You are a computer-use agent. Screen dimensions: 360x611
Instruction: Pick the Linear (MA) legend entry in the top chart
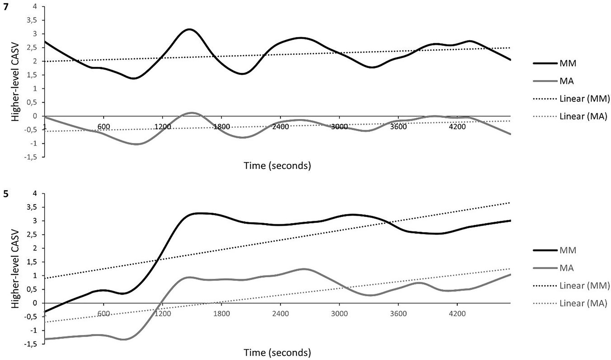(583, 117)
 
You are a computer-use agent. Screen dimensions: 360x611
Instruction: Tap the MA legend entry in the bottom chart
(566, 268)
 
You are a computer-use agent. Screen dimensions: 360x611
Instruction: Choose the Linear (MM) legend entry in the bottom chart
(583, 285)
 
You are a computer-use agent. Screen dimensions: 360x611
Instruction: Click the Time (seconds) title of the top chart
(277, 166)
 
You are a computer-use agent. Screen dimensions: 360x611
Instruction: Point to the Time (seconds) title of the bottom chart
(277, 352)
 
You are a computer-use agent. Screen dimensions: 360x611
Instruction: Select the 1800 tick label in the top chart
(222, 127)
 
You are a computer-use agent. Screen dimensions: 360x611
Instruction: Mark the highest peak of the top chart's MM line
(189, 29)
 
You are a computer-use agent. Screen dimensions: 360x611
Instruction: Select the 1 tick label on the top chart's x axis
(45, 127)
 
